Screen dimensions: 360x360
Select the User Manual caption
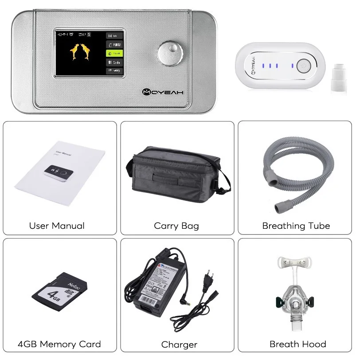coord(57,226)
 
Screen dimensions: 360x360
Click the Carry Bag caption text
coord(176,226)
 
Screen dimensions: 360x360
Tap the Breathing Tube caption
coord(296,226)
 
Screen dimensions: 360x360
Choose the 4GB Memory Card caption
coord(59,344)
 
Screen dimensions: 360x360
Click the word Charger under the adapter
coord(179,344)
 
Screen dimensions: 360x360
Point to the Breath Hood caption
coord(298,344)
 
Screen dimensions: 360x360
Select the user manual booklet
coord(60,171)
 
